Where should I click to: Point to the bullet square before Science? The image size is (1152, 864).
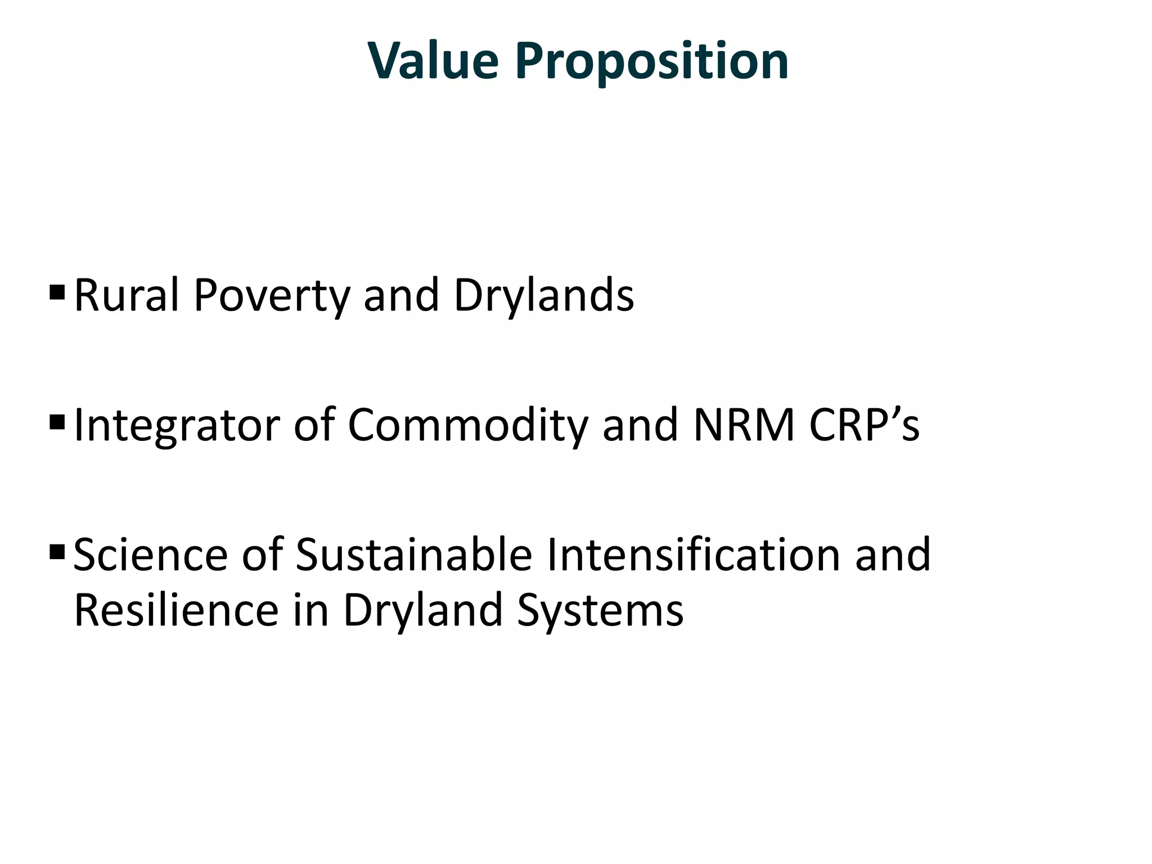[57, 551]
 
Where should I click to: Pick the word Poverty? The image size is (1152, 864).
[272, 296]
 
